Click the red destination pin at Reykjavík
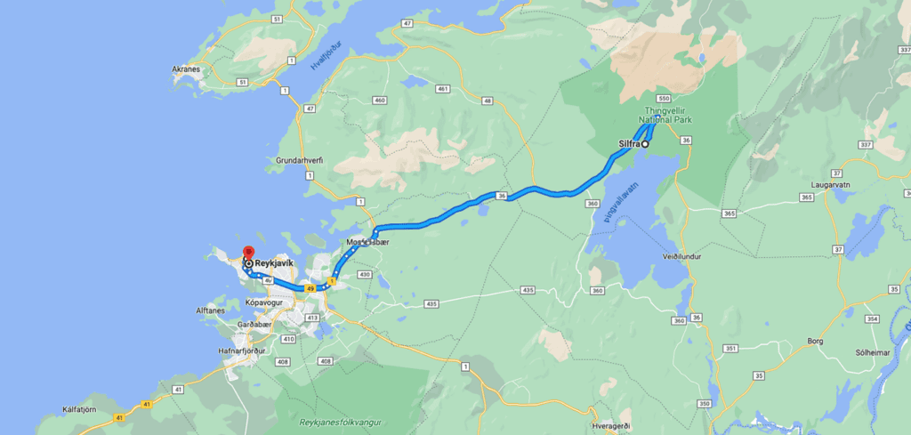(x=248, y=253)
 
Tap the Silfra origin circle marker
(x=646, y=143)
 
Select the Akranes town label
(x=187, y=68)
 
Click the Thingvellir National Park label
(x=665, y=115)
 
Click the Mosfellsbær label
(x=367, y=242)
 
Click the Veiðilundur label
(x=683, y=255)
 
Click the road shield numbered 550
(x=663, y=98)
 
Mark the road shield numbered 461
(x=441, y=89)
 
